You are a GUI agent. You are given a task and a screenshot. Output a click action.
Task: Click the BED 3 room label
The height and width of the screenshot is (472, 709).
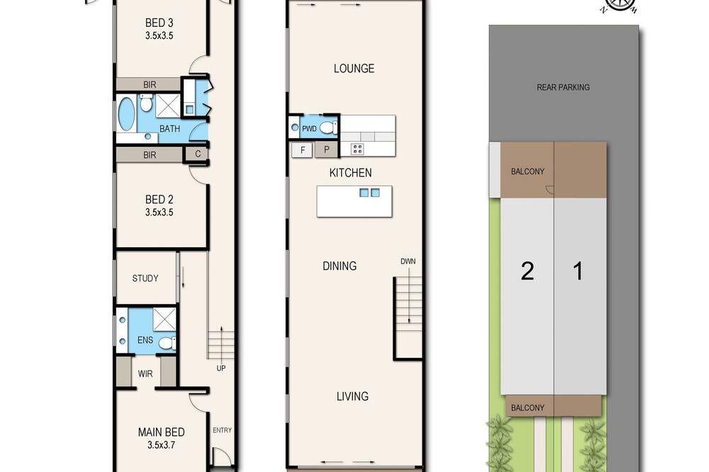[159, 23]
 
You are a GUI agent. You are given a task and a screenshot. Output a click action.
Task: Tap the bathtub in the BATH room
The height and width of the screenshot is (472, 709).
[126, 113]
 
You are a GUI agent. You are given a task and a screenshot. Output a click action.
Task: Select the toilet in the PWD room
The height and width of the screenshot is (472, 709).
[329, 128]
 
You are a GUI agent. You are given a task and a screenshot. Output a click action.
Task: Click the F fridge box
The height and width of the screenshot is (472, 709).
[303, 150]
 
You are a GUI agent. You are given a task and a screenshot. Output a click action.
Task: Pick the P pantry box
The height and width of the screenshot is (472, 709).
[326, 150]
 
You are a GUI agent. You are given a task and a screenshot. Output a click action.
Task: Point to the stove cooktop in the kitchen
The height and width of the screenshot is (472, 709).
[357, 149]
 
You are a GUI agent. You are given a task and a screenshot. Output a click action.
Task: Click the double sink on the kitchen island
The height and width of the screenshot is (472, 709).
[369, 193]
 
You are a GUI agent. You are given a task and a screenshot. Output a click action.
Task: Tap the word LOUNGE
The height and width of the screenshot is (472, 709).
[354, 68]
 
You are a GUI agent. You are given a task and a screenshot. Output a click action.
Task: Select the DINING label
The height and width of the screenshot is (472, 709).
[340, 266]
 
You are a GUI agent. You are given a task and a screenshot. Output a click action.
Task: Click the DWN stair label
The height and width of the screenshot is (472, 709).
[408, 262]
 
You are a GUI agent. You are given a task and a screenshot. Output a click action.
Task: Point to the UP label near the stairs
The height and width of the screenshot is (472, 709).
[221, 368]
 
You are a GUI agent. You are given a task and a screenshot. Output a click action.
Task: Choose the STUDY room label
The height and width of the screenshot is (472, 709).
[145, 279]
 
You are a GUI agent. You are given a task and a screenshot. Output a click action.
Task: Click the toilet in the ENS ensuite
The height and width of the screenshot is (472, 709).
[167, 343]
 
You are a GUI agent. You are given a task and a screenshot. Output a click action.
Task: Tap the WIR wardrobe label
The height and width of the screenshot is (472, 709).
[145, 374]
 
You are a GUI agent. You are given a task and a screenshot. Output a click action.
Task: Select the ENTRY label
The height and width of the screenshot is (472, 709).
[222, 430]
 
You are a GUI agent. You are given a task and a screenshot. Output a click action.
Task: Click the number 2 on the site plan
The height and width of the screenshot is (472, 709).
[527, 271]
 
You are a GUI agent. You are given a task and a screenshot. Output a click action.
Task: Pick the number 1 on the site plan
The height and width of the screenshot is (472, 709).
[578, 271]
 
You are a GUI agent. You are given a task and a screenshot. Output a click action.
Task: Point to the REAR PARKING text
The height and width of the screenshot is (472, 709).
[563, 87]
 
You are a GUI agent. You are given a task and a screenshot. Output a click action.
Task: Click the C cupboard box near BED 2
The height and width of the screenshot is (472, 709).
[198, 154]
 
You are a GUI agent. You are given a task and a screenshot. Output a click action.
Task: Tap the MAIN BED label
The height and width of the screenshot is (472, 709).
[162, 432]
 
